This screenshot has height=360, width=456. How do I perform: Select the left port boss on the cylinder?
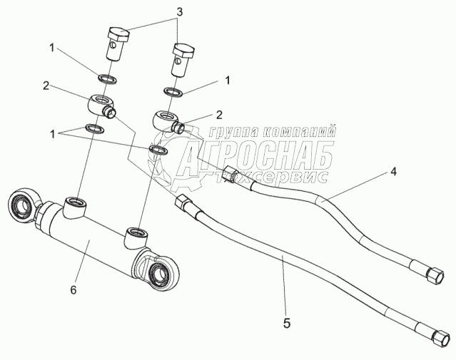(x=74, y=208)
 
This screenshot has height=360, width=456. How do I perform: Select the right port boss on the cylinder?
(x=136, y=235)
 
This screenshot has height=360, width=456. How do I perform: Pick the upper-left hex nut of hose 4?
(x=232, y=174)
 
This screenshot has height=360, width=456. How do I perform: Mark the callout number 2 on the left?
(x=45, y=86)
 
